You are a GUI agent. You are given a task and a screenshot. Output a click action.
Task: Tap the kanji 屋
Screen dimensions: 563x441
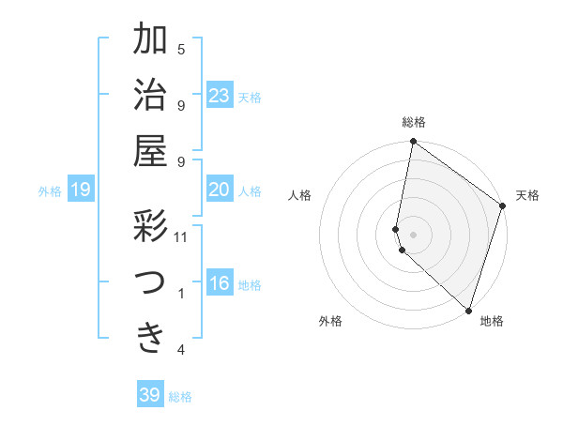point(150,150)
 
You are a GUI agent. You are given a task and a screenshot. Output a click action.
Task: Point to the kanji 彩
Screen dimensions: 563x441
point(150,227)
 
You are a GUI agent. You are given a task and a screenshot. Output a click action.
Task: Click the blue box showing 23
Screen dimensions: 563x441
point(219,96)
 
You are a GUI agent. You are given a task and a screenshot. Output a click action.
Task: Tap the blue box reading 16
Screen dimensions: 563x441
point(219,284)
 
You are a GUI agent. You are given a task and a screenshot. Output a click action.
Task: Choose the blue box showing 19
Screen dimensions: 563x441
point(80,190)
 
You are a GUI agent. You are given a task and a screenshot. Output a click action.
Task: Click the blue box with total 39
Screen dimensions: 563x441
point(149,395)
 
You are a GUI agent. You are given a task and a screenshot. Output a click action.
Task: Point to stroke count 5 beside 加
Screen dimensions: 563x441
point(181,49)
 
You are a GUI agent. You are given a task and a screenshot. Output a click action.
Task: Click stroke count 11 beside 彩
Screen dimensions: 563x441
point(181,237)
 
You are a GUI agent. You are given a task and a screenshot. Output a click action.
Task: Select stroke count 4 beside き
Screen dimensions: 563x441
point(181,350)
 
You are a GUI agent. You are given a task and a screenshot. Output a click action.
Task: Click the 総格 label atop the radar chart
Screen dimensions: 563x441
point(414,122)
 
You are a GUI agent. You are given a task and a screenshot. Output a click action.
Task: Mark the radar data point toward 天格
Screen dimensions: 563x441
point(502,206)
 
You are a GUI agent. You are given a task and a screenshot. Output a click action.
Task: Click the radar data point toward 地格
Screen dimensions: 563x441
point(468,310)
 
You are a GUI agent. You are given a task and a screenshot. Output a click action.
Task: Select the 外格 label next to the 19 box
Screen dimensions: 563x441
point(50,191)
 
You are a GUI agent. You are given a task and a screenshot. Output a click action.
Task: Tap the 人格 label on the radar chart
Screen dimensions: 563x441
point(300,195)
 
